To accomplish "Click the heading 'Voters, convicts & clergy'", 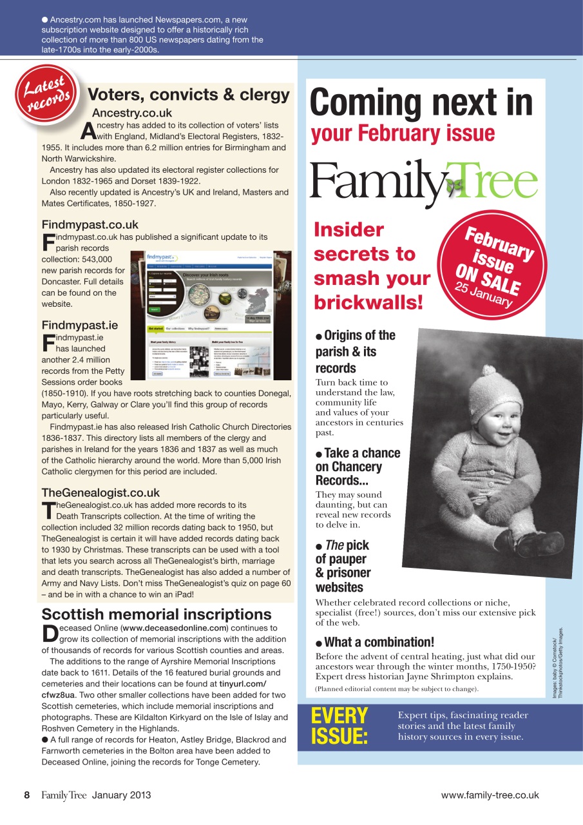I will tap(188, 95).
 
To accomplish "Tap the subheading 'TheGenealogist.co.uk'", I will tap(100, 493).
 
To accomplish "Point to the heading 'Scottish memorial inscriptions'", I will tap(157, 614).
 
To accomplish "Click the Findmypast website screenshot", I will tap(211, 315).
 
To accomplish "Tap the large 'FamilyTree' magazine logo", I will tap(423, 181).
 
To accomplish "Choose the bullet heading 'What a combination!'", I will tap(379, 642).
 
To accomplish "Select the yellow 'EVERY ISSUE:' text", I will tap(339, 726).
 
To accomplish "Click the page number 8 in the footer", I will tap(27, 795).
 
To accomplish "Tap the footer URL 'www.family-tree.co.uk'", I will tap(490, 795).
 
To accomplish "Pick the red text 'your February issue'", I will tap(403, 133).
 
